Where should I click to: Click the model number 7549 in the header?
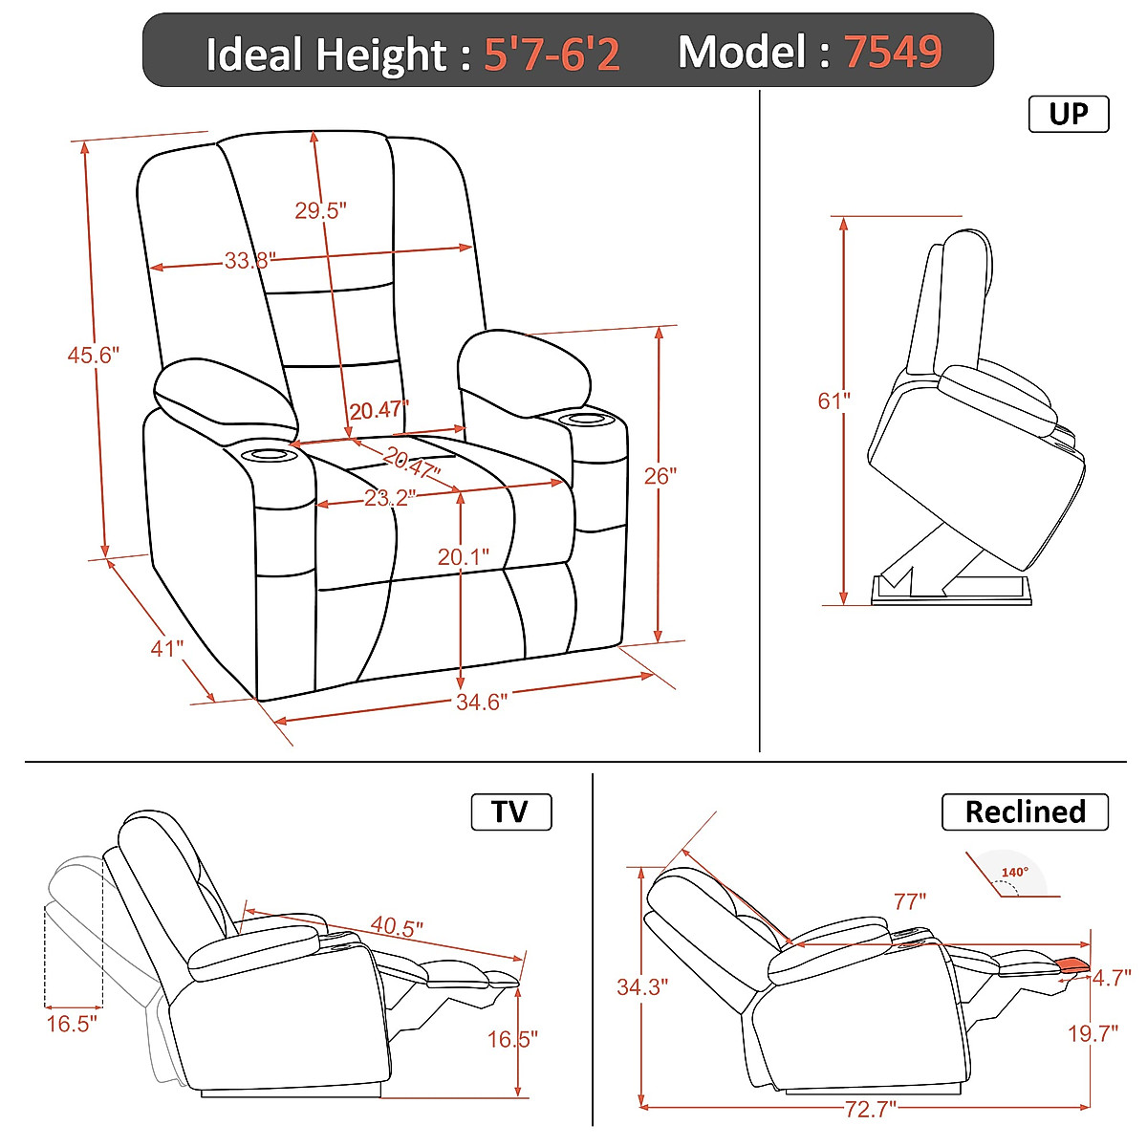(x=893, y=52)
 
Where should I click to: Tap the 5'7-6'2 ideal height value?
(x=552, y=54)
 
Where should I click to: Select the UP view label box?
(x=1068, y=114)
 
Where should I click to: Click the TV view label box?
(x=510, y=812)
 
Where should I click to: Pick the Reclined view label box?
(x=1025, y=812)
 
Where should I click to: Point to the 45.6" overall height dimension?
(x=93, y=355)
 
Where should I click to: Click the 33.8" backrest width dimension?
(x=249, y=260)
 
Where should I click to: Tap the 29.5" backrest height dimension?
(x=320, y=210)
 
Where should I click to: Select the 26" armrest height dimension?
(x=660, y=475)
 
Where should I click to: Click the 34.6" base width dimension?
(x=481, y=703)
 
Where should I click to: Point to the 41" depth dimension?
(x=166, y=648)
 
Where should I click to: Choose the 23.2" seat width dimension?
(x=390, y=498)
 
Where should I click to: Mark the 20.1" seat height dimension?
(x=464, y=556)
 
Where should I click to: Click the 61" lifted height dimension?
(x=833, y=400)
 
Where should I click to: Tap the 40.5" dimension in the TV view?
(x=397, y=926)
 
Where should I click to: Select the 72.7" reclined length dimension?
(x=871, y=1109)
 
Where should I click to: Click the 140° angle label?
(x=1014, y=872)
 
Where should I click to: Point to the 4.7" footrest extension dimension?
(x=1112, y=978)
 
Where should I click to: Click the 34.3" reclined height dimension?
(x=641, y=986)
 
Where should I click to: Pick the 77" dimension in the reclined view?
(x=910, y=901)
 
